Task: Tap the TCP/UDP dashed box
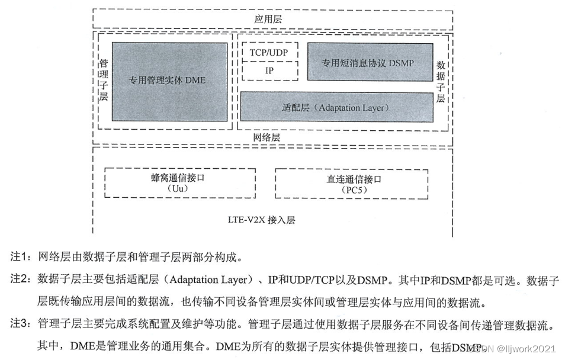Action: pyautogui.click(x=268, y=53)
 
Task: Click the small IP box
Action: pyautogui.click(x=268, y=70)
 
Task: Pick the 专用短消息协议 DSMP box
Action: pyautogui.click(x=368, y=62)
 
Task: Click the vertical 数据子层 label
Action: pyautogui.click(x=440, y=81)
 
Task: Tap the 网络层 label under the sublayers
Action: pyautogui.click(x=267, y=137)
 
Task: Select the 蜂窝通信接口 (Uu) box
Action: pyautogui.click(x=180, y=183)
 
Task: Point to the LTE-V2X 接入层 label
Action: pyautogui.click(x=261, y=220)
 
